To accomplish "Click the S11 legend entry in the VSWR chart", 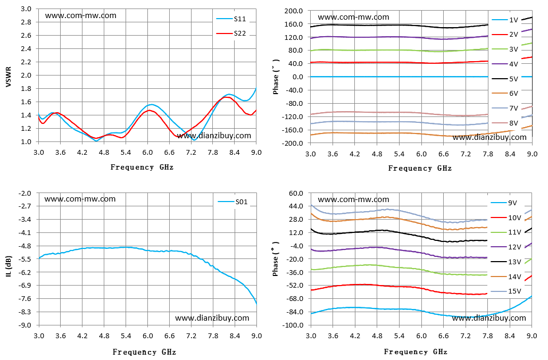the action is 231,19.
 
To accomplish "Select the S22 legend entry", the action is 231,34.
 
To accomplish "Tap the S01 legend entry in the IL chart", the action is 233,202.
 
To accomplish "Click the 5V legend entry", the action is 505,79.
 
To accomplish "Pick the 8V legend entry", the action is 505,123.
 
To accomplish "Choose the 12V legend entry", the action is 506,247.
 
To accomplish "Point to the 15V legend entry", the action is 506,291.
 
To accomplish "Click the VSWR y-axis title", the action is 9,77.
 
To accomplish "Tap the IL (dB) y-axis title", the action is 9,266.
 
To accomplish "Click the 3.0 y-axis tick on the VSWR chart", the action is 26,9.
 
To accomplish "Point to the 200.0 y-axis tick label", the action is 294,11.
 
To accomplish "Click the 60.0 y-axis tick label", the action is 296,193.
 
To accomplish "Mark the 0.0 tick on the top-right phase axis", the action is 298,77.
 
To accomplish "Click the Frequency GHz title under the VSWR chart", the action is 142,168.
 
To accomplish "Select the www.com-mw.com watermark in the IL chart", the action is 80,199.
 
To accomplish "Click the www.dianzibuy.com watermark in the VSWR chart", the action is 214,136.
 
